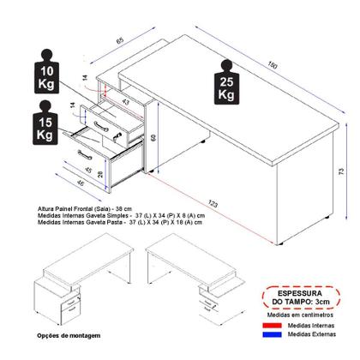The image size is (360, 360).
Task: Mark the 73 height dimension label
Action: (342, 172)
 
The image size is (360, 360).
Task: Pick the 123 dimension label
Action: (211, 202)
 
